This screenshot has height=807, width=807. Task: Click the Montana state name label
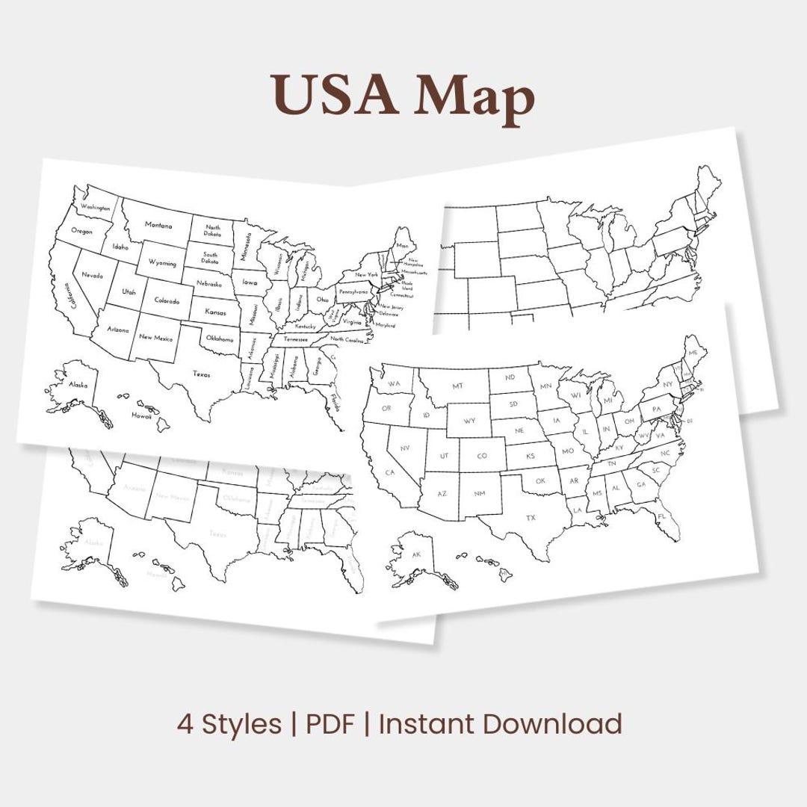[158, 225]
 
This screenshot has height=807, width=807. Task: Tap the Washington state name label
[96, 208]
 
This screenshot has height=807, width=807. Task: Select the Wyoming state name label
[162, 263]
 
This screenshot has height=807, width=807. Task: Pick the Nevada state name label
[93, 275]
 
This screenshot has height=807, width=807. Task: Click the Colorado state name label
[167, 301]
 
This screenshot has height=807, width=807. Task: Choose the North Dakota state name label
[213, 231]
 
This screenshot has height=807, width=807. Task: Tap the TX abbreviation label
[531, 518]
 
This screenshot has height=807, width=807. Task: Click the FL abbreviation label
[662, 516]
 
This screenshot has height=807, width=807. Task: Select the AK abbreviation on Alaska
[417, 555]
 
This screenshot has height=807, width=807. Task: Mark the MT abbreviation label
[458, 387]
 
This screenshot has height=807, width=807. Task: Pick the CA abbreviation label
[389, 472]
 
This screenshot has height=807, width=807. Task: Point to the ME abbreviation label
[693, 352]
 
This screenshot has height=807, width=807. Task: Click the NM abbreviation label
[479, 494]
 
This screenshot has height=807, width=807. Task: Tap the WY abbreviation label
[469, 421]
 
